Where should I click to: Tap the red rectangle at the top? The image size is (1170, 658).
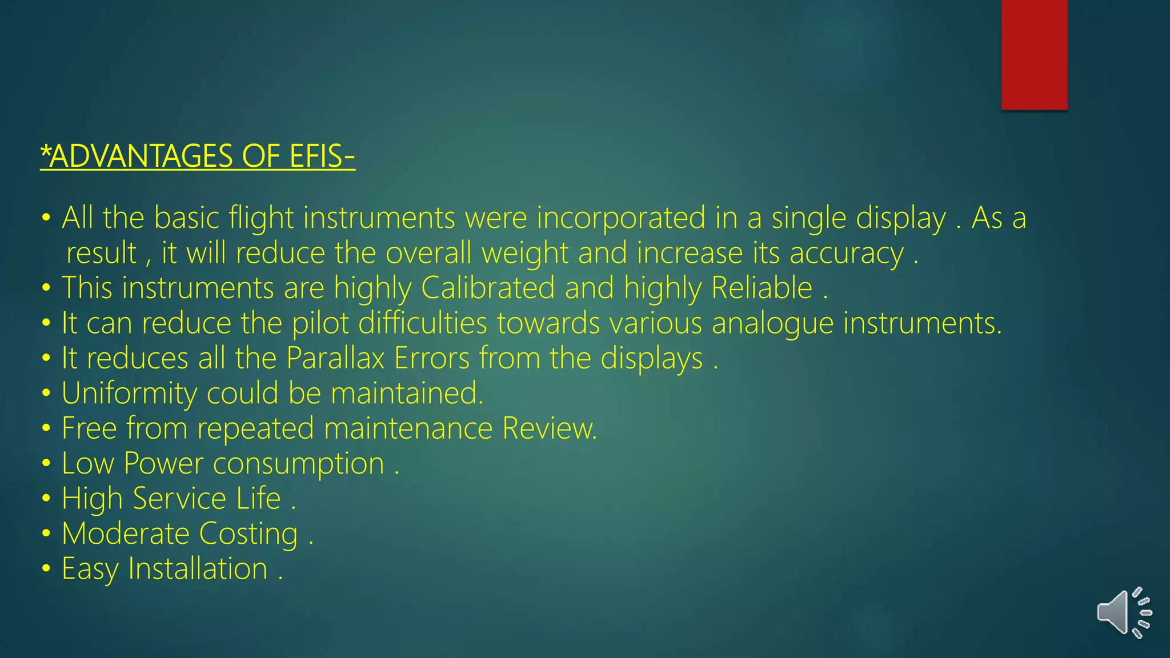pos(1034,55)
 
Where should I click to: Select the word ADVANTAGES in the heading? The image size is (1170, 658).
pos(141,156)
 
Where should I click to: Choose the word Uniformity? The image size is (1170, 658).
pos(129,394)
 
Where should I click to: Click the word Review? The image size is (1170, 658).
pos(549,428)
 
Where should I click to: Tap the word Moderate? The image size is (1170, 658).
pos(125,534)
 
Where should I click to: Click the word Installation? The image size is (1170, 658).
pos(198,569)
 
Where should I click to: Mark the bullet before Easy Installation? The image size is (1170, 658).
pos(46,569)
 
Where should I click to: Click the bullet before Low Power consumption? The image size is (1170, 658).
pos(46,463)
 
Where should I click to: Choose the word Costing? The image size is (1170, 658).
pos(248,534)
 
